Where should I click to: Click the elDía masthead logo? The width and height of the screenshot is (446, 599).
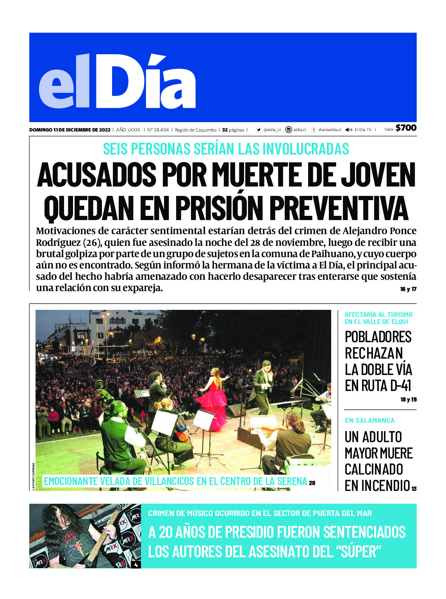coord(117,82)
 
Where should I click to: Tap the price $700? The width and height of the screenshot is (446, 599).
coord(406,128)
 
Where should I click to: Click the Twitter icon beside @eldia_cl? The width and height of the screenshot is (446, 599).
coord(259,130)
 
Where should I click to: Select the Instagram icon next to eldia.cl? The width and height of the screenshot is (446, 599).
coord(289,130)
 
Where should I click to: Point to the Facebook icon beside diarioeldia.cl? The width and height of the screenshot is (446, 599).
coord(314,130)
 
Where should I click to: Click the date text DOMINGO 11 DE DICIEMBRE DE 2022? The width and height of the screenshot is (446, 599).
coord(70,130)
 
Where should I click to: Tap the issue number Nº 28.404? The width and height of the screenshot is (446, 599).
coord(158,130)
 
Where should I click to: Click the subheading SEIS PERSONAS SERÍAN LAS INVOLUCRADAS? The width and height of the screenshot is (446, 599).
coord(226,149)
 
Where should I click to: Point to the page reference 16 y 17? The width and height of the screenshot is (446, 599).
coord(408,289)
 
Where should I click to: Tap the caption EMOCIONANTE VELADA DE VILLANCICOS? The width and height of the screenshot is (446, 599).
coord(175,482)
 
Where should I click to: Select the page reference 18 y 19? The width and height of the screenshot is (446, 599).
coord(409,400)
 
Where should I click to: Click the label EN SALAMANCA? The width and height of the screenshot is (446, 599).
coord(369,421)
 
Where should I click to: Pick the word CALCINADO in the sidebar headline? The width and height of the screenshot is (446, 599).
coord(374,469)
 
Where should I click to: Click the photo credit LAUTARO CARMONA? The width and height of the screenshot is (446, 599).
coord(34,476)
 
